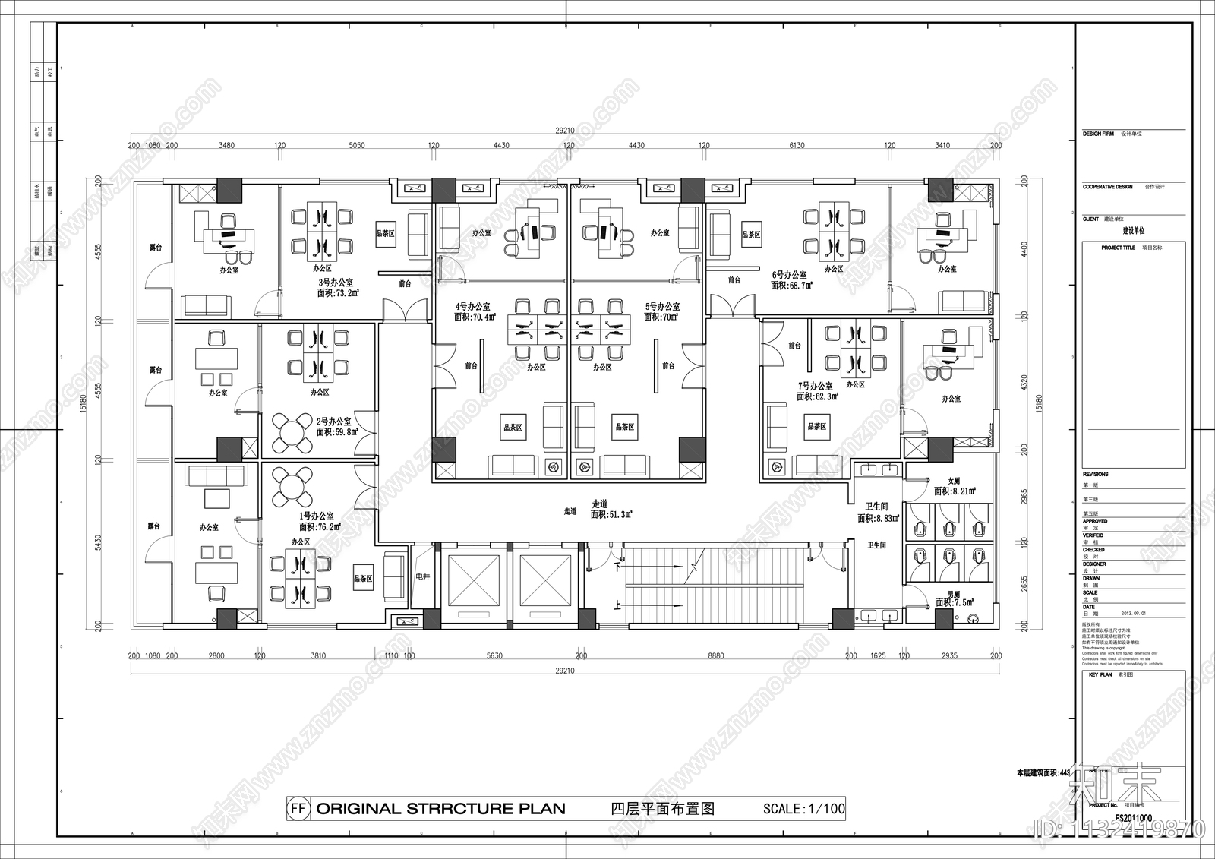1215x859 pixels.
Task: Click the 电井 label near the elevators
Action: (x=422, y=576)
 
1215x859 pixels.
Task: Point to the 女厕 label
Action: (x=954, y=482)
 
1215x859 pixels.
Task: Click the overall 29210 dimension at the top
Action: (x=564, y=131)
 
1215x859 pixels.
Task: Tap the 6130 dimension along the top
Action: (x=797, y=145)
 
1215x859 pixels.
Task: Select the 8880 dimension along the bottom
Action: (x=715, y=655)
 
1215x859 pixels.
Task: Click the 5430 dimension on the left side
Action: (x=98, y=543)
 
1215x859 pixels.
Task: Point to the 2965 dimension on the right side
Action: (x=1024, y=497)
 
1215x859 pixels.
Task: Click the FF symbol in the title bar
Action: (x=298, y=809)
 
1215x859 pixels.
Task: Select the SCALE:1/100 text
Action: (x=803, y=809)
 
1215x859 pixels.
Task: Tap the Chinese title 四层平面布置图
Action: (x=662, y=809)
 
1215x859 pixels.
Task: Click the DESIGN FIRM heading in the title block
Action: (x=1098, y=134)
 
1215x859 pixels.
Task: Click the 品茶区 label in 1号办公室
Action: (x=363, y=579)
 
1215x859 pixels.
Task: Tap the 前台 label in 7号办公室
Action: (x=794, y=346)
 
